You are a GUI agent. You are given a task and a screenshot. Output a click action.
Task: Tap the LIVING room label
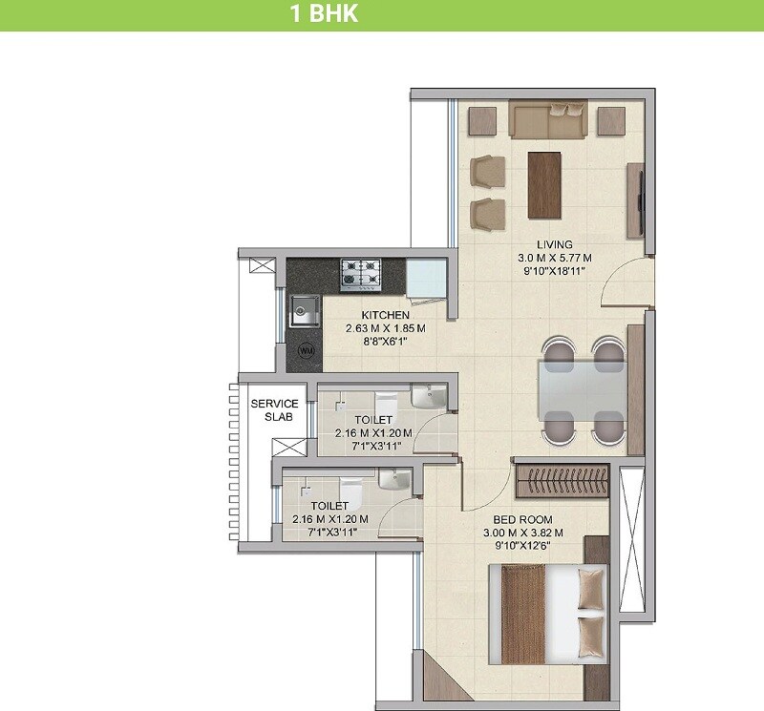(x=554, y=245)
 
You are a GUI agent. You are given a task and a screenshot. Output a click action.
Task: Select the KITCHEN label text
(x=385, y=315)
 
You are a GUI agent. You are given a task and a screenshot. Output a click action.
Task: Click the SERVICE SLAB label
(x=274, y=410)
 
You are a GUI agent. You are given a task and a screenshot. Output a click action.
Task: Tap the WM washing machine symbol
(x=306, y=350)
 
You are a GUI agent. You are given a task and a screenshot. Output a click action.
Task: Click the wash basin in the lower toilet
(x=394, y=478)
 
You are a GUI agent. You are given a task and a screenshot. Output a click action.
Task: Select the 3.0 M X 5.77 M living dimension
(x=554, y=258)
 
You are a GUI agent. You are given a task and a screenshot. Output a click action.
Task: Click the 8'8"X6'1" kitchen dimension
(x=385, y=341)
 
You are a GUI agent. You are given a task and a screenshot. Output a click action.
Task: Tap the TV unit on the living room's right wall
(x=638, y=200)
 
